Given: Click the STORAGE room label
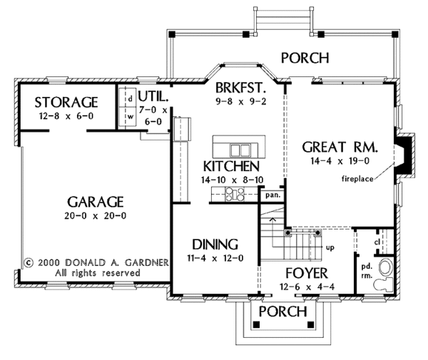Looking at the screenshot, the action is tap(66, 103).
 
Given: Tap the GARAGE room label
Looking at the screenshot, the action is tap(96, 202).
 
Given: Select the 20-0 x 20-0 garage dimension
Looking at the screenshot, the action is tap(96, 216).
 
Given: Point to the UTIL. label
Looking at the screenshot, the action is tap(153, 96).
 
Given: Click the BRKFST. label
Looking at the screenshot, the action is tap(241, 88).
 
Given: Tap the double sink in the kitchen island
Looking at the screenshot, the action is tap(240, 150).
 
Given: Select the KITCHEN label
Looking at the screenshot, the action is tap(231, 166).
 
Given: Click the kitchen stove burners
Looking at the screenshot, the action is tap(235, 194).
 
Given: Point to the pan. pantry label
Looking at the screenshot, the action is tap(272, 195).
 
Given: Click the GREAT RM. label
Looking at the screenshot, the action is tap(340, 148).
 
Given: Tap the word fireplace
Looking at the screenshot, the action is tap(357, 179).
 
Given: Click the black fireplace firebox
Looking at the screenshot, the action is tap(404, 155).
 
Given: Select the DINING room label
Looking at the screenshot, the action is tap(215, 245).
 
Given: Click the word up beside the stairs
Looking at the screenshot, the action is tap(330, 248).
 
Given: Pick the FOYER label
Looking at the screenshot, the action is tap(307, 273).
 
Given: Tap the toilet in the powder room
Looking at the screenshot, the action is tap(383, 284).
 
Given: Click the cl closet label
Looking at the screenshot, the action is tap(377, 242).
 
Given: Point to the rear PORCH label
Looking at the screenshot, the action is tap(305, 58).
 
